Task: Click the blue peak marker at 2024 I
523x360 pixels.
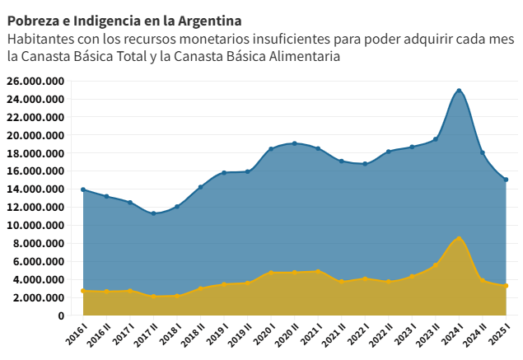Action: point(459,91)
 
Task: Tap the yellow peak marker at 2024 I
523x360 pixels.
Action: point(459,239)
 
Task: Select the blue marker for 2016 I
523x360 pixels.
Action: point(83,189)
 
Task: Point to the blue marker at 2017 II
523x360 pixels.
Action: point(153,213)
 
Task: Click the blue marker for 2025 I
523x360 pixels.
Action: point(506,180)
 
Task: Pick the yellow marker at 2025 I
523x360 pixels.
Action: point(506,286)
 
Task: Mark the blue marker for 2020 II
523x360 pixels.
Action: point(294,143)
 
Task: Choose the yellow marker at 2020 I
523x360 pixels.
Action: point(271,273)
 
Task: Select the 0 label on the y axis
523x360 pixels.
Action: point(61,316)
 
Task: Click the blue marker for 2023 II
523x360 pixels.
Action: point(435,139)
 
